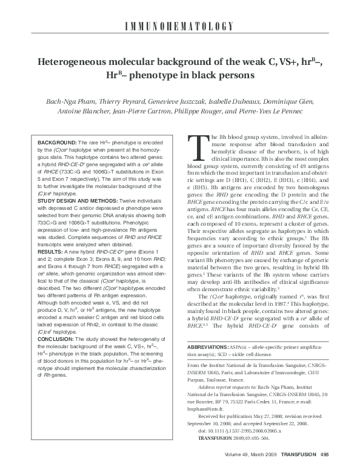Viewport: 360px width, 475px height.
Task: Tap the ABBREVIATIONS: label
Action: pos(210,345)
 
